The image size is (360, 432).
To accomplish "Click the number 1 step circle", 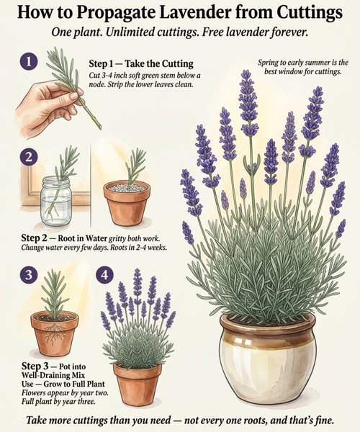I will point(29,63).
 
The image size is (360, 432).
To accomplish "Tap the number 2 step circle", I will point(29,157).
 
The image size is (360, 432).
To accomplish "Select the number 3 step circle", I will point(29,275).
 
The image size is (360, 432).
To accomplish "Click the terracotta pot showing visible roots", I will point(54,333).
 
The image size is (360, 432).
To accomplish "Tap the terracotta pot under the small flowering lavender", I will point(137,382).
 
